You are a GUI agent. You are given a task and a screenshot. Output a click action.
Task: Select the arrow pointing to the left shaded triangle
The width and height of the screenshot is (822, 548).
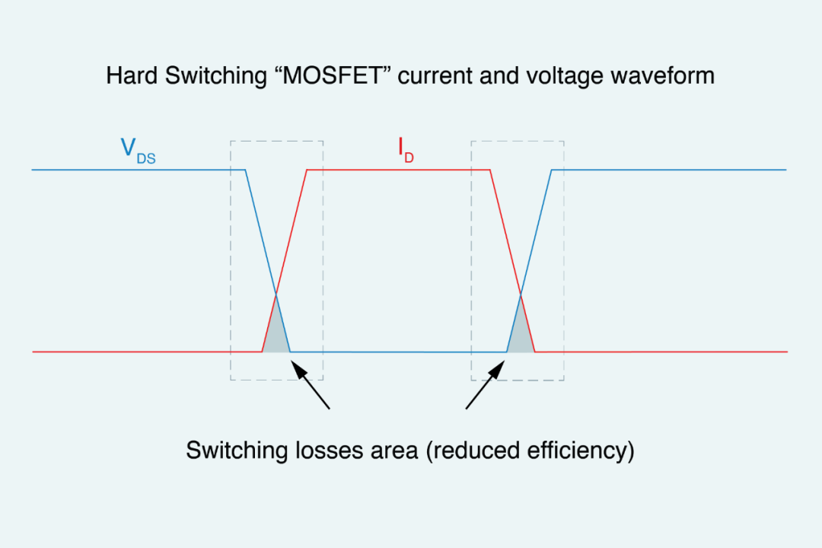pyautogui.click(x=312, y=387)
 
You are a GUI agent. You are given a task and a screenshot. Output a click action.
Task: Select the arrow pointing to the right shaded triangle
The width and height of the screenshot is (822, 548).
pyautogui.click(x=484, y=387)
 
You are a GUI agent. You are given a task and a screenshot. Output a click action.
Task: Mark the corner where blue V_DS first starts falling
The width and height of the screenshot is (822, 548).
pyautogui.click(x=245, y=170)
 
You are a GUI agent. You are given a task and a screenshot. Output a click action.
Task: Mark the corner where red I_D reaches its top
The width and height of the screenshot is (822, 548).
pyautogui.click(x=307, y=170)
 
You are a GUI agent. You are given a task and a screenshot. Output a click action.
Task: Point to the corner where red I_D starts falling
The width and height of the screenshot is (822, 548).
pyautogui.click(x=490, y=170)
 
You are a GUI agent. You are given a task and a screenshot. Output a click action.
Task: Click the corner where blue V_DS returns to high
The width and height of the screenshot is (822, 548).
pyautogui.click(x=552, y=170)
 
